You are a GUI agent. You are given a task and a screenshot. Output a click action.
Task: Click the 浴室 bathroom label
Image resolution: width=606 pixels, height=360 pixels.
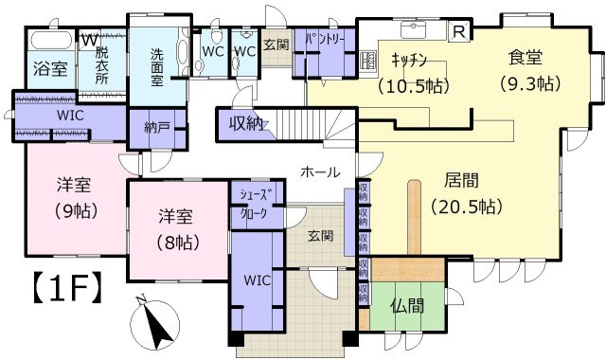(44, 69)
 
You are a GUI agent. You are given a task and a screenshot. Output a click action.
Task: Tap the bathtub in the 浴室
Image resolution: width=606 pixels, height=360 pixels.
(44, 43)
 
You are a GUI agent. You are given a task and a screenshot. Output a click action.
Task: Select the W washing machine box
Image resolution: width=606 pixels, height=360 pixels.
(87, 40)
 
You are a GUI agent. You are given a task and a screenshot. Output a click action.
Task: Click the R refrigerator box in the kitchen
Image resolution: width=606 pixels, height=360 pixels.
(459, 31)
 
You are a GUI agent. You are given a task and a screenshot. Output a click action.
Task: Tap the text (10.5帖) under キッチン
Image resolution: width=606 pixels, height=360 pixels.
(413, 85)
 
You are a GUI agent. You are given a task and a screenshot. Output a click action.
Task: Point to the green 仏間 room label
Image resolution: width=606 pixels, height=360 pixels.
(407, 306)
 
